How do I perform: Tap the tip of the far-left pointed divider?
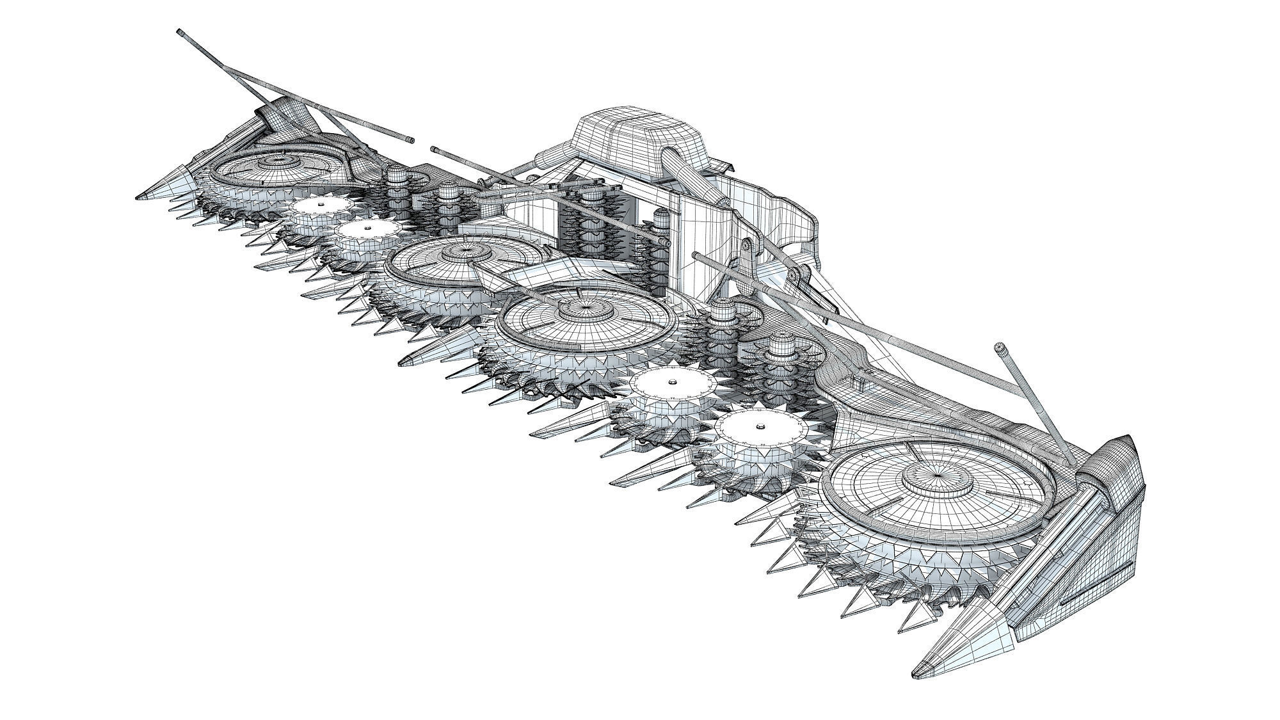click(137, 196)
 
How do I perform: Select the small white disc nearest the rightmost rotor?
click(760, 426)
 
